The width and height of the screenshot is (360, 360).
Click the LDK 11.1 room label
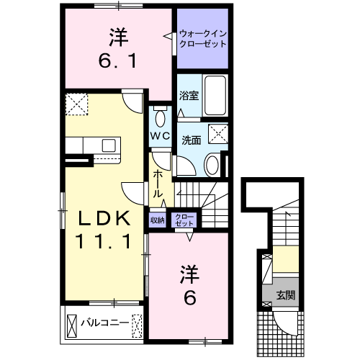103,230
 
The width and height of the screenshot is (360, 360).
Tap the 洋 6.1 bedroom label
118,48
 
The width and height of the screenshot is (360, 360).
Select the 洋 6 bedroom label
189,285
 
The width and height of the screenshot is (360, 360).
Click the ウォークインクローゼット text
203,39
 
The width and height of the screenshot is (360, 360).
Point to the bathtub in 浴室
215,95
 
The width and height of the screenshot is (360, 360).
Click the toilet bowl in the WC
160,118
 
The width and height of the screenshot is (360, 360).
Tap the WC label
160,136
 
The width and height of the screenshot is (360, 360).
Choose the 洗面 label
192,140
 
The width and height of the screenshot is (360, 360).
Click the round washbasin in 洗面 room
212,165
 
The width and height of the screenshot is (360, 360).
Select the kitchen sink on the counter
109,145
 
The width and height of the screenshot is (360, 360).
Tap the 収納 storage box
157,220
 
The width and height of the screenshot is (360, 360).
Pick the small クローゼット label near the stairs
184,220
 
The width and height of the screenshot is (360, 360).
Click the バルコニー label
105,323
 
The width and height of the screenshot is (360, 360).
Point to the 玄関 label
286,295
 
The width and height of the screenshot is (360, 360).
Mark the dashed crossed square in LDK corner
76,104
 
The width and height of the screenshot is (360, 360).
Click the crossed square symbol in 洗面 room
218,134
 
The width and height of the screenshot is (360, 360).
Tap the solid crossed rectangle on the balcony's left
72,326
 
